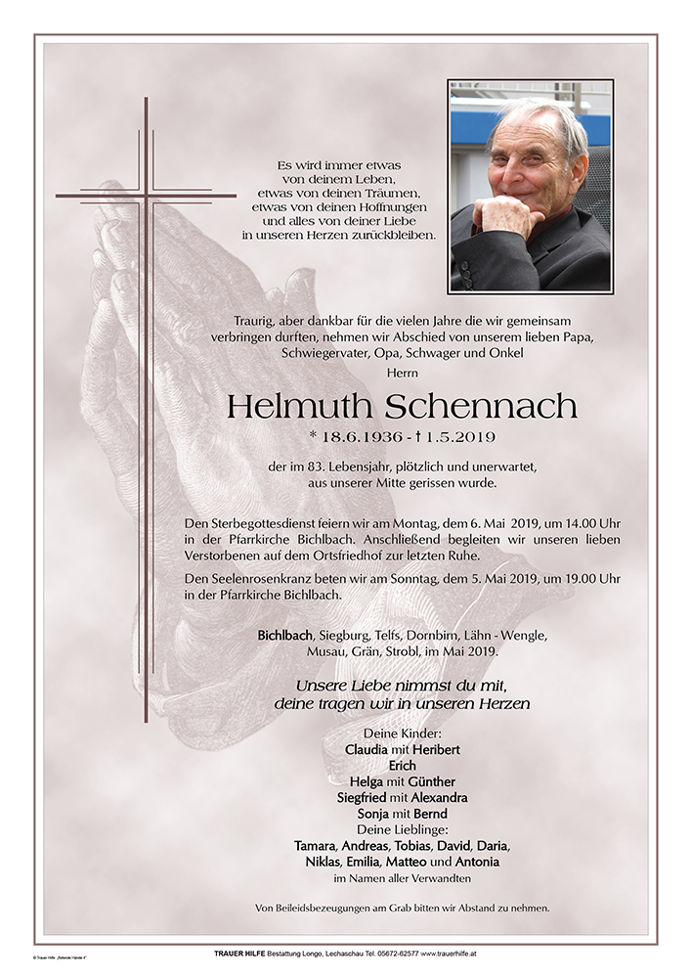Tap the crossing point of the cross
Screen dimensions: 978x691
[147, 196]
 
